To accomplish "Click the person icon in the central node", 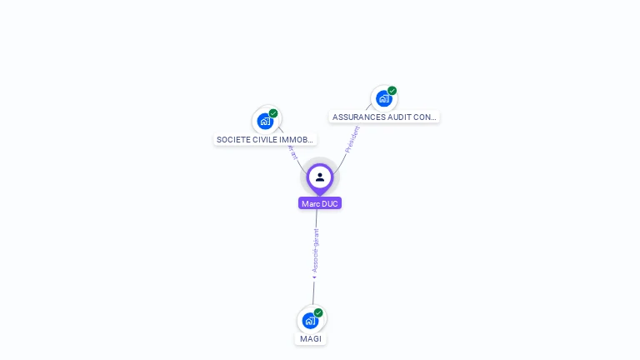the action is [x=320, y=177].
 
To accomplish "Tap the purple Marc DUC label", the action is [x=320, y=203].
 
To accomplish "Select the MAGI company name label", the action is [x=311, y=339].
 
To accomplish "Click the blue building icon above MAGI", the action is [x=310, y=321].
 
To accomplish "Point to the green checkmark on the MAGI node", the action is [x=318, y=312].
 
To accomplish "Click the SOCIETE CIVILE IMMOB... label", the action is [x=265, y=140].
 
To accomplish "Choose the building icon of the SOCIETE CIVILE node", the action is [x=265, y=121].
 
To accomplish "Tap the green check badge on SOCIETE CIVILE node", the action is [x=273, y=113].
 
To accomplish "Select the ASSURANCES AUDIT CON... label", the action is [x=384, y=117].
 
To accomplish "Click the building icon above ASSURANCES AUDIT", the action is [x=383, y=98].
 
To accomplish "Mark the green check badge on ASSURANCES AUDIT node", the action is [x=392, y=91].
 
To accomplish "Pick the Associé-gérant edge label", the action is [x=316, y=250].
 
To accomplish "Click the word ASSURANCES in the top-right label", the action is [x=358, y=117].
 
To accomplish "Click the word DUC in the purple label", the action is [x=330, y=203].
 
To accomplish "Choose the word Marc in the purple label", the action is [x=311, y=203].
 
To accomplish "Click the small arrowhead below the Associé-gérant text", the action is [x=314, y=277].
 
